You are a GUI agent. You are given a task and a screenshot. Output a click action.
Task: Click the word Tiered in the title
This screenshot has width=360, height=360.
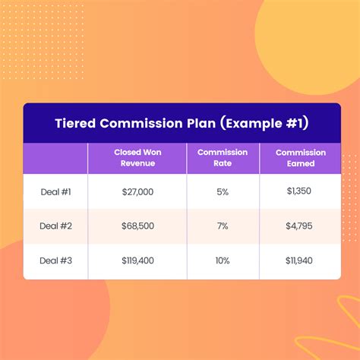[x=75, y=123]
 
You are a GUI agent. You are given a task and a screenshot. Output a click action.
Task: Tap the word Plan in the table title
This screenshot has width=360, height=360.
[x=201, y=123]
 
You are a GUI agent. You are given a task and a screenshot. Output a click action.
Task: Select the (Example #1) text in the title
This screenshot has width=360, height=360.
[x=264, y=124]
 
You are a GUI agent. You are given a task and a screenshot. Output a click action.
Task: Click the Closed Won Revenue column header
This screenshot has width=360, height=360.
[x=137, y=158]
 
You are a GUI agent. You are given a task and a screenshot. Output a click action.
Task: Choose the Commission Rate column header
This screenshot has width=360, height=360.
[x=223, y=158]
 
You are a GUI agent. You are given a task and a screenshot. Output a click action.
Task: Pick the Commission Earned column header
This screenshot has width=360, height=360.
[x=301, y=158]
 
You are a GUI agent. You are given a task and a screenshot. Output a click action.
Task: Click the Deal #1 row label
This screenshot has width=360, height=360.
[x=55, y=192]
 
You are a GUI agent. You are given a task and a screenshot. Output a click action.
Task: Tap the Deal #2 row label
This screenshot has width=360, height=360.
[x=55, y=226]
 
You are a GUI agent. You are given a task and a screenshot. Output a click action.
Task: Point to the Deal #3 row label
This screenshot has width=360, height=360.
[x=55, y=261]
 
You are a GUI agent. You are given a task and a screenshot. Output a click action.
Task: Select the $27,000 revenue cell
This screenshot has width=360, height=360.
[x=137, y=192]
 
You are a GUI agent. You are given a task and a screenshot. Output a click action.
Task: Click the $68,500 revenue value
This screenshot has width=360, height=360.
[x=137, y=226]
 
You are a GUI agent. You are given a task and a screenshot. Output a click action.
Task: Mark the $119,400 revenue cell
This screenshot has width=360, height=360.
[x=137, y=261]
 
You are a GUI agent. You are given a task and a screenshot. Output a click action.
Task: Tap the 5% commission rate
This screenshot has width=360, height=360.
[x=223, y=192]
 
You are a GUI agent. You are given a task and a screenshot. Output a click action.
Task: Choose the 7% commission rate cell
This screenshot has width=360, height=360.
[x=223, y=226]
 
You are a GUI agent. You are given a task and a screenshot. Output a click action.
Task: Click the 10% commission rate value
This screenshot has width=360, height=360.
[x=223, y=261]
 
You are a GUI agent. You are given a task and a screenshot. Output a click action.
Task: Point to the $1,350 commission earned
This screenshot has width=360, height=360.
[x=299, y=191]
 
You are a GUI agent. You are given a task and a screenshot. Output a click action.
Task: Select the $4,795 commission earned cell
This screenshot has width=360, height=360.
[x=299, y=226]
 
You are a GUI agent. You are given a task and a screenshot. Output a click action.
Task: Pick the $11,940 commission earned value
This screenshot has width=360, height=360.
[x=299, y=261]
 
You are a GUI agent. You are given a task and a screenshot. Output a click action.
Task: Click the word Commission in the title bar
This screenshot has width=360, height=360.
[x=141, y=123]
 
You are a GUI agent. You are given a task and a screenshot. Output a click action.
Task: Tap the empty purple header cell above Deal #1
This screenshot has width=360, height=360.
[x=55, y=158]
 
